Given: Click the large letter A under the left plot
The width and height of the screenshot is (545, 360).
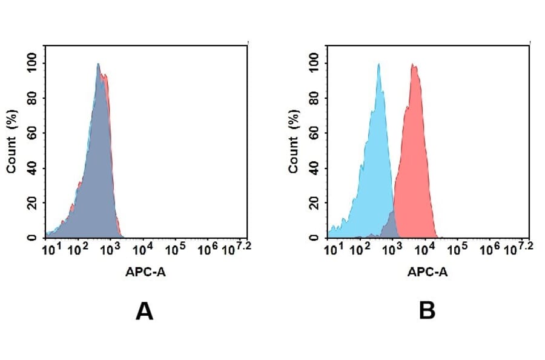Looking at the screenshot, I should click(x=144, y=311).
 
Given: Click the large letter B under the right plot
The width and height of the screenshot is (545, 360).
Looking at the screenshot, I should click(x=427, y=311).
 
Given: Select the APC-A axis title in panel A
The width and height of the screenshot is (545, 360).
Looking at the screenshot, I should click(x=146, y=272).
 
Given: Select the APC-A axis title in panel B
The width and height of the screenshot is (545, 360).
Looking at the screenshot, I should click(x=428, y=272).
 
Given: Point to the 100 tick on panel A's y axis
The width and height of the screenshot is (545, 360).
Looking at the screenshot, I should click(x=32, y=62).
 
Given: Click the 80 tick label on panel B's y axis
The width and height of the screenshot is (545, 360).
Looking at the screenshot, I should click(x=314, y=98).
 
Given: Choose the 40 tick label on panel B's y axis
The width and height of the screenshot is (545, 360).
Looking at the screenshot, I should click(x=314, y=167).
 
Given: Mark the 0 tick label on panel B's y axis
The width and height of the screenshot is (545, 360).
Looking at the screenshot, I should click(x=314, y=237).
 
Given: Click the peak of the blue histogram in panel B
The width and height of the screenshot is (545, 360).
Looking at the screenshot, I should click(x=378, y=64).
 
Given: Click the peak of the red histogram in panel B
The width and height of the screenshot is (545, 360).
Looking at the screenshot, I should click(x=414, y=65).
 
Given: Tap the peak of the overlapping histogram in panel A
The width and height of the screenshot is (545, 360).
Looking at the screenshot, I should click(x=98, y=64).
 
